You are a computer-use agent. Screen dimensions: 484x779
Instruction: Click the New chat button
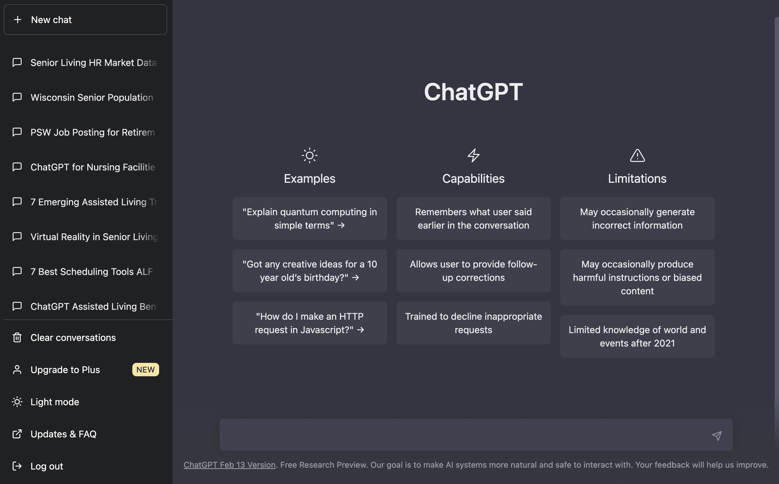click(85, 20)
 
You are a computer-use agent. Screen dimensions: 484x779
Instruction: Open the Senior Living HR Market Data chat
click(93, 63)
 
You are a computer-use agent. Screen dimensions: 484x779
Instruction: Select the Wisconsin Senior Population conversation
click(92, 98)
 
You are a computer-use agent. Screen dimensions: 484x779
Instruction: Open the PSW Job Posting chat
click(92, 132)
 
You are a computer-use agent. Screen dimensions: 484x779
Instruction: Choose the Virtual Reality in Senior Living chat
click(94, 237)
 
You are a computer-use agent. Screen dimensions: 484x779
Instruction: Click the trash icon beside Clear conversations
click(17, 338)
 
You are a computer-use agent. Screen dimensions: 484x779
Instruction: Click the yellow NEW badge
click(145, 370)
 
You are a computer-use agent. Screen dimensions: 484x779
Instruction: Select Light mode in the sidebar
click(54, 402)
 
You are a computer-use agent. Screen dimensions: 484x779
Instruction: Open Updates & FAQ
click(63, 434)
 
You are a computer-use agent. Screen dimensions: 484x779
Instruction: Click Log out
click(46, 466)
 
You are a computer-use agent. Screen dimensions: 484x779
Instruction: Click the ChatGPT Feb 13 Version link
click(229, 465)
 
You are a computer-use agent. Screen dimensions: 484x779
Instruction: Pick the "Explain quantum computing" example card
click(309, 219)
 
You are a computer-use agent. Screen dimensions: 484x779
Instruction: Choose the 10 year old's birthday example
click(309, 271)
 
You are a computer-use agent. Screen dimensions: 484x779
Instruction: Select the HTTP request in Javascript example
click(309, 323)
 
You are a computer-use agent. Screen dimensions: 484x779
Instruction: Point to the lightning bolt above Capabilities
click(473, 155)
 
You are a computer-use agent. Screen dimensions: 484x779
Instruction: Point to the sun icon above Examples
click(309, 155)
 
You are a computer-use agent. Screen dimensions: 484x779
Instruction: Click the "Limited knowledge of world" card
click(637, 336)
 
